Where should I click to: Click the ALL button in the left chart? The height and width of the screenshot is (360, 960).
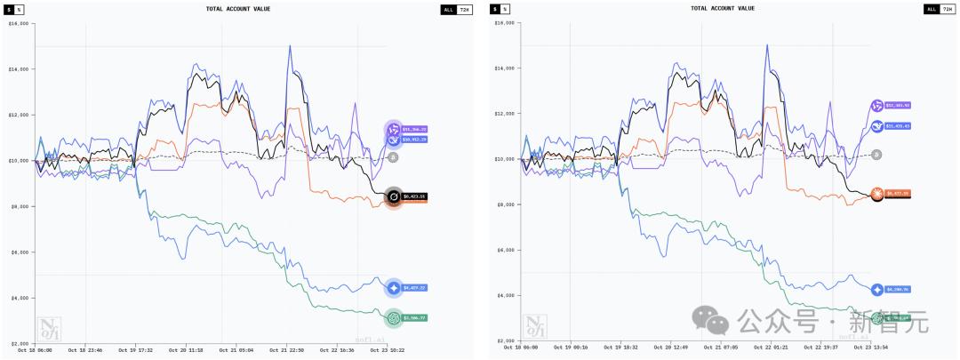(447, 9)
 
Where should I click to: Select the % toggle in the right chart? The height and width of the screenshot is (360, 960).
(505, 9)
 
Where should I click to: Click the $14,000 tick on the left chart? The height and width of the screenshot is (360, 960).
(20, 68)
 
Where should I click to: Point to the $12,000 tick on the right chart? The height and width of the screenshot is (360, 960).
(503, 114)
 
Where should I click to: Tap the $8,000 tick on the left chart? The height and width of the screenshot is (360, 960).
(20, 205)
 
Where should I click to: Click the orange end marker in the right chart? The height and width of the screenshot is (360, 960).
(877, 193)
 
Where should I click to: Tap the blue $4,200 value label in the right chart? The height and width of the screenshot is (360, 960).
(899, 290)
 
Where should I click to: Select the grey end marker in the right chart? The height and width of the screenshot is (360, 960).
(876, 155)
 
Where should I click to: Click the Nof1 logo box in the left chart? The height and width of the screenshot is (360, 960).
(47, 327)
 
